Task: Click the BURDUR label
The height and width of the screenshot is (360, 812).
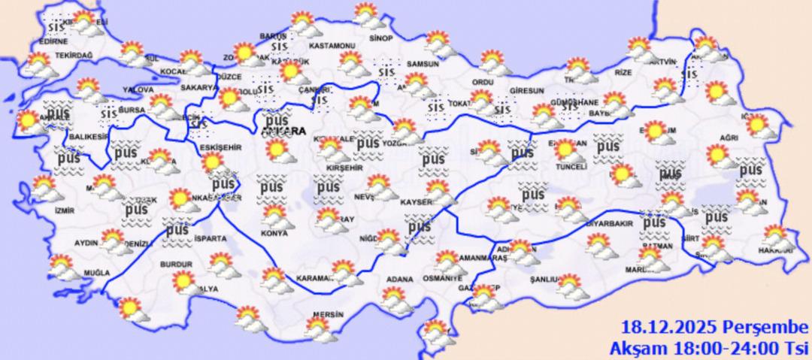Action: coord(176,265)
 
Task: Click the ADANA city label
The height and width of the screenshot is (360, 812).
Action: coord(399,280)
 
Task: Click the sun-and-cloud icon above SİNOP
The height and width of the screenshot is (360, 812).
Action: coord(367,15)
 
